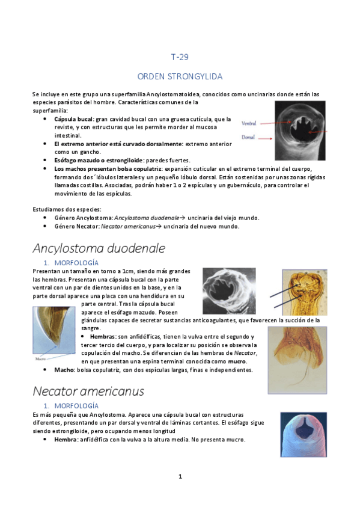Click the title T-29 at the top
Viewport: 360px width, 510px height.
pyautogui.click(x=180, y=58)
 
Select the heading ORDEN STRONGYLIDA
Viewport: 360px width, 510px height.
pyautogui.click(x=180, y=76)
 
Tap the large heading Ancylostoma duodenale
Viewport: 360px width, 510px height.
pyautogui.click(x=99, y=248)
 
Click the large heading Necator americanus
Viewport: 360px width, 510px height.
pyautogui.click(x=88, y=391)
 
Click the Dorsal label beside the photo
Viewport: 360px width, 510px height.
pyautogui.click(x=248, y=137)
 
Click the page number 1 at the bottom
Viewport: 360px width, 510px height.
pyautogui.click(x=180, y=476)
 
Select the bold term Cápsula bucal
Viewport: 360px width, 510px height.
pyautogui.click(x=73, y=119)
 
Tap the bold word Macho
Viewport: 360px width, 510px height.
pyautogui.click(x=64, y=370)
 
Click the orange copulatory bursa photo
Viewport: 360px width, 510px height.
pyautogui.click(x=297, y=360)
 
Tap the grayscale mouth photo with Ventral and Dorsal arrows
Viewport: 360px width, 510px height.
pyautogui.click(x=301, y=126)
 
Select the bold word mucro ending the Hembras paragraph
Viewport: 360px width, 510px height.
pyautogui.click(x=237, y=361)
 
